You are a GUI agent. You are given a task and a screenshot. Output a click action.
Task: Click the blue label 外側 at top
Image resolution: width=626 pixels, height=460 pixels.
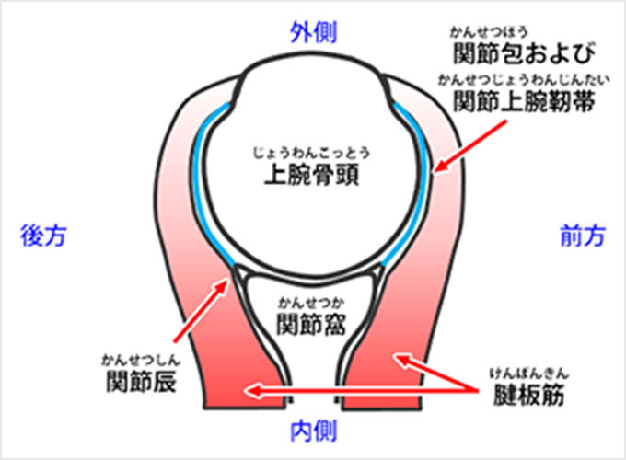(x=313, y=33)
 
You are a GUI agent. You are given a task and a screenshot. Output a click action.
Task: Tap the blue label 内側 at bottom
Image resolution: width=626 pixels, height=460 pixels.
(x=313, y=429)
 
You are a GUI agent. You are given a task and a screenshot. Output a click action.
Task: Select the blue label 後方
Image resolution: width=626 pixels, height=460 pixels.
(x=43, y=236)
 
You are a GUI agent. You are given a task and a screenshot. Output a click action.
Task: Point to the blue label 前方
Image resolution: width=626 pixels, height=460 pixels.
(x=583, y=236)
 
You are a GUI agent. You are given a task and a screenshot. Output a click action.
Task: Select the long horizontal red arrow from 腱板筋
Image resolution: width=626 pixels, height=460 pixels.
(x=359, y=393)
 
